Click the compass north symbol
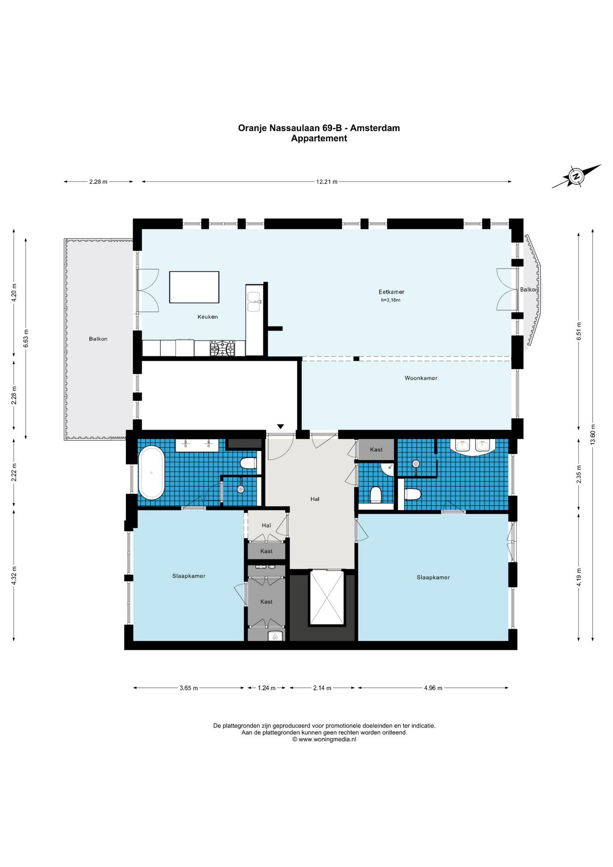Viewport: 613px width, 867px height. tap(576, 176)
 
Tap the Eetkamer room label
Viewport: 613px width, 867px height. tap(391, 292)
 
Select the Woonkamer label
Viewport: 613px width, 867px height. tap(421, 378)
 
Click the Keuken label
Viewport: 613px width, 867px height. tap(208, 317)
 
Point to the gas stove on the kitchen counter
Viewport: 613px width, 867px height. tap(222, 348)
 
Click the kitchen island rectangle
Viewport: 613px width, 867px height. tap(194, 287)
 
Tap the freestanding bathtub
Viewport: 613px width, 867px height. tap(151, 473)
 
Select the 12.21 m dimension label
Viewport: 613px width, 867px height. tap(327, 182)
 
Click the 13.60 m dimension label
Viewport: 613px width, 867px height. tap(593, 434)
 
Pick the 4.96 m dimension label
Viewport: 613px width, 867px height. tap(433, 688)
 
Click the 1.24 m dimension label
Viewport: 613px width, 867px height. tap(266, 688)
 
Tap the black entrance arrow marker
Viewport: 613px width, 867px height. tap(280, 426)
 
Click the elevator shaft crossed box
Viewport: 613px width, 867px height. tap(326, 598)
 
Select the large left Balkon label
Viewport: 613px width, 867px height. tap(98, 339)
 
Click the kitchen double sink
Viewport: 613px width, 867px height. tap(254, 301)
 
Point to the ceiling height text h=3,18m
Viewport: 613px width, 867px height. tap(390, 300)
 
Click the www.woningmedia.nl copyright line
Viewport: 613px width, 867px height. tap(324, 739)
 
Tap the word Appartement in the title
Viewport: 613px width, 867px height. tap(319, 139)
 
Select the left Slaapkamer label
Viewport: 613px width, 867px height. tap(189, 576)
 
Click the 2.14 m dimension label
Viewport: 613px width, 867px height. tap(322, 688)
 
